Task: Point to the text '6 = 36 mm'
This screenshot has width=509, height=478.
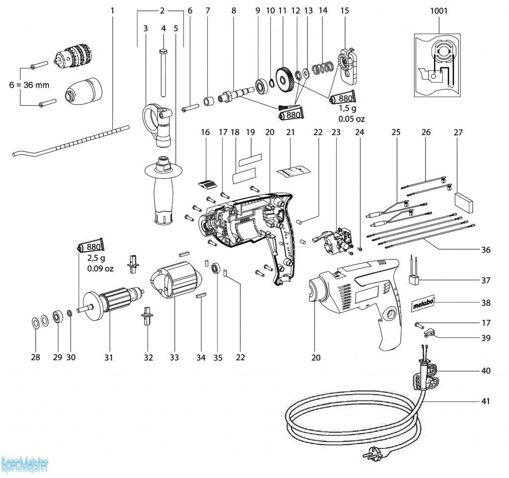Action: coord(30,85)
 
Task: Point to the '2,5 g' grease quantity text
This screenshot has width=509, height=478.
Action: coord(97,259)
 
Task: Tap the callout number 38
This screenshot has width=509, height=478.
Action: coord(486,302)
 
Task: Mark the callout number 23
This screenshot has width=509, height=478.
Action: coord(337,133)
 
